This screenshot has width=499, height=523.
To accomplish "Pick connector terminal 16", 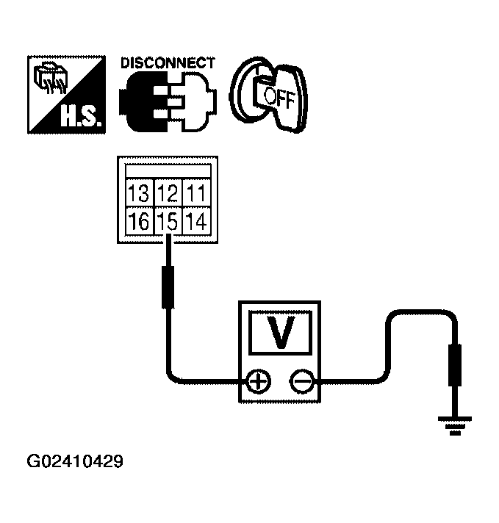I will click(x=137, y=220).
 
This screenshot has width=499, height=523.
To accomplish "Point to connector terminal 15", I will click(x=168, y=220).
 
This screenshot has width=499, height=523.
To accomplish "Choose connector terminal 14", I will click(x=196, y=220).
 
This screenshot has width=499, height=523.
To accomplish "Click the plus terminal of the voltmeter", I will click(x=257, y=380).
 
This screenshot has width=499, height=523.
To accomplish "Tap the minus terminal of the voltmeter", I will click(x=301, y=380).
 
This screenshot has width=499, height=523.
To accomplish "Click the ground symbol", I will click(x=455, y=424).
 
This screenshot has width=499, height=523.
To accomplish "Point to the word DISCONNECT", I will click(x=168, y=63).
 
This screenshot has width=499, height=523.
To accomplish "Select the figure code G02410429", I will click(x=75, y=463).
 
